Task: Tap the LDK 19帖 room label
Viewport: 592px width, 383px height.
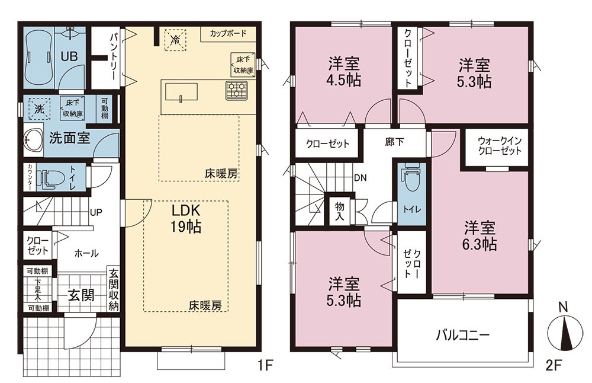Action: tap(185, 218)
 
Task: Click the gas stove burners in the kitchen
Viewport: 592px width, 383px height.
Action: tap(237, 91)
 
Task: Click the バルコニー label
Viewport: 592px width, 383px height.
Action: tap(463, 336)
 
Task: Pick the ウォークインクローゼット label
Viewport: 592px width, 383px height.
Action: tap(500, 146)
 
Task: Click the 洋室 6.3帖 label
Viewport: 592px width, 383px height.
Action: tap(480, 236)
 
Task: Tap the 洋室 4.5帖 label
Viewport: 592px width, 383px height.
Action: tap(343, 72)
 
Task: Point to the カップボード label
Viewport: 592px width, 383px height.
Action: tap(228, 33)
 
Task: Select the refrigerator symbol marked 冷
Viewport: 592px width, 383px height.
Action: tap(175, 39)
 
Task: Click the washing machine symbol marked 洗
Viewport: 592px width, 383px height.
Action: tap(40, 109)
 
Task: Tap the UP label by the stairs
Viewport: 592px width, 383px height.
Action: tap(96, 212)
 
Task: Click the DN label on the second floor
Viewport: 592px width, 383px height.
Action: tap(360, 178)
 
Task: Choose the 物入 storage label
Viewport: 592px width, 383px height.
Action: tap(340, 211)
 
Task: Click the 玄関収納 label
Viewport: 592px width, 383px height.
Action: tap(114, 289)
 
